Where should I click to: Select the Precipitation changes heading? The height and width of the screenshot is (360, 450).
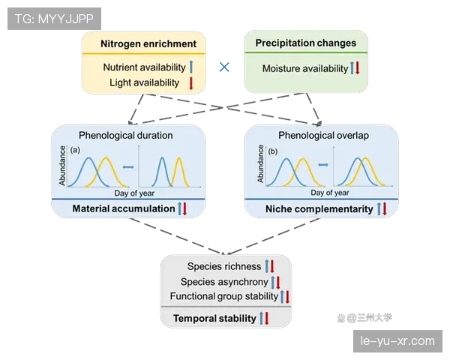coord(305,43)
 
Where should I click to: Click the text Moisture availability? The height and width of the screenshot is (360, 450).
coord(305,69)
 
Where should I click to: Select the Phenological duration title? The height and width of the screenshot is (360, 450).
coord(125,136)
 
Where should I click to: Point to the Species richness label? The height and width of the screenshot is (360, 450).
coord(224,266)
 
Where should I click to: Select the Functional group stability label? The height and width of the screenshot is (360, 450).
coord(224,295)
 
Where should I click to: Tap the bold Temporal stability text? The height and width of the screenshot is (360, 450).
coord(214,319)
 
